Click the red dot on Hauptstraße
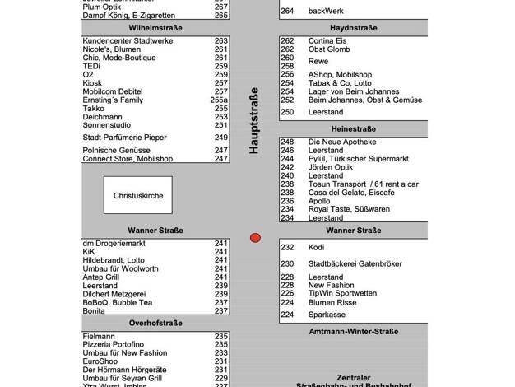pos(255,238)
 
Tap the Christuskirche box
pos(138,197)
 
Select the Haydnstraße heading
pos(353,27)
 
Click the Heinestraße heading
pos(353,129)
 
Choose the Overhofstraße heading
pos(155,324)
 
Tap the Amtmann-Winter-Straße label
pos(353,331)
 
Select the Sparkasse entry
pos(327,315)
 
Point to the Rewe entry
pos(318,61)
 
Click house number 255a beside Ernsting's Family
pos(219,99)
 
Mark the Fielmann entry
pos(99,336)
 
